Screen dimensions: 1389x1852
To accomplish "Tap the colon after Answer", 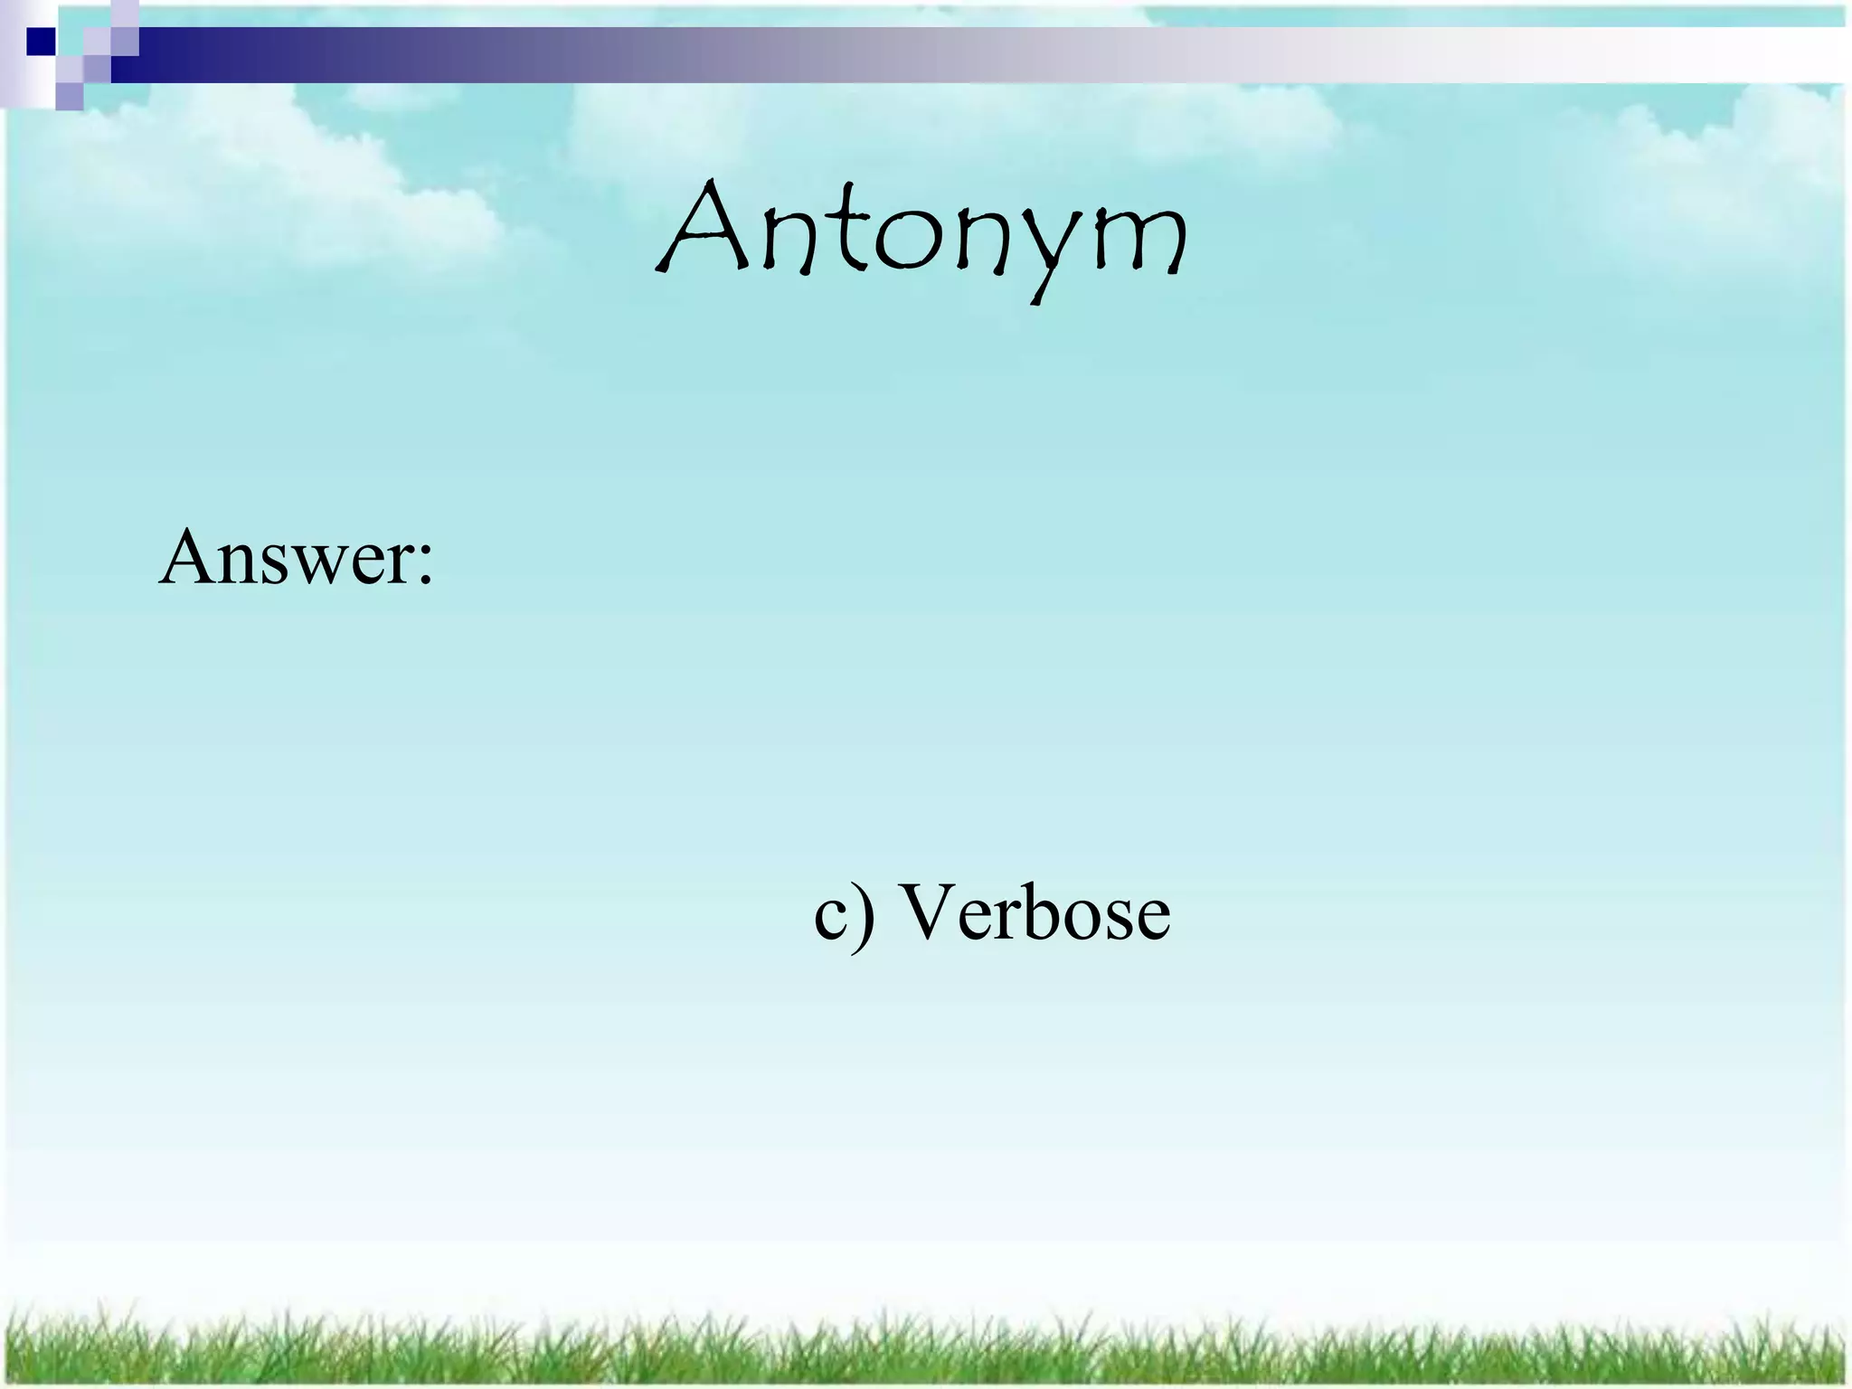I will [x=424, y=566].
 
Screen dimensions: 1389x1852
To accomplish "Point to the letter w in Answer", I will [x=322, y=566].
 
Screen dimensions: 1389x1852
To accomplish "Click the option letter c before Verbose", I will [x=831, y=921].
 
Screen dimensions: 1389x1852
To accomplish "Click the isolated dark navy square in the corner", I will [x=41, y=42].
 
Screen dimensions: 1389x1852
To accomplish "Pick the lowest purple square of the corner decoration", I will [x=69, y=97].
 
